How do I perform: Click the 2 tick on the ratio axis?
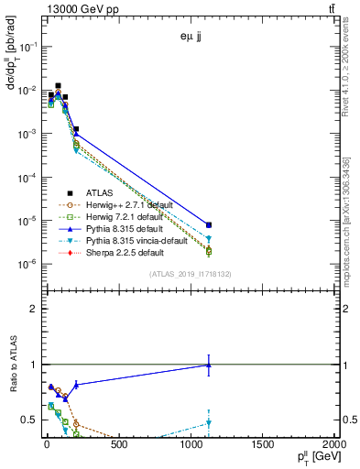point(33,309)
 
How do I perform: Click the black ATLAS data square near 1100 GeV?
point(209,224)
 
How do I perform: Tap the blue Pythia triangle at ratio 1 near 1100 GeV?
point(209,365)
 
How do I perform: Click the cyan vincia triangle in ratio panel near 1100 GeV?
point(209,423)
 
